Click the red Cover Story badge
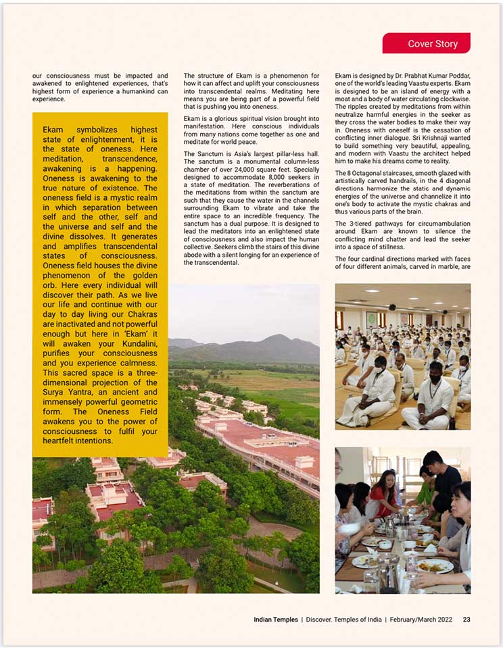point(427,44)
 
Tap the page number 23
point(466,619)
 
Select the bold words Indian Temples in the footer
point(276,619)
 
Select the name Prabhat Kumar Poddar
point(433,76)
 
